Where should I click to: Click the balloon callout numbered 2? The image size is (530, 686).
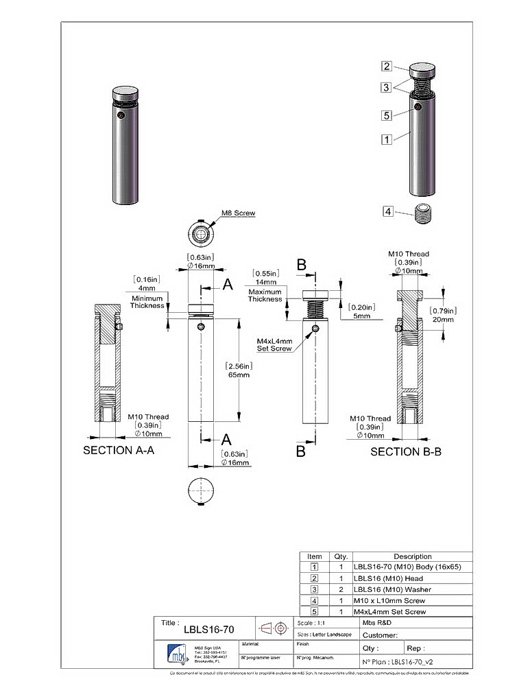(x=387, y=67)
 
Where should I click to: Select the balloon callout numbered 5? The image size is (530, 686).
(x=387, y=115)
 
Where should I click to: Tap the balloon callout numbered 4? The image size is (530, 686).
(x=388, y=212)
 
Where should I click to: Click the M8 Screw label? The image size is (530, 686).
(x=238, y=213)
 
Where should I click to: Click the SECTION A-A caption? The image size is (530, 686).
(x=117, y=451)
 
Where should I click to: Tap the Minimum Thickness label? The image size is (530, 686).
(x=148, y=302)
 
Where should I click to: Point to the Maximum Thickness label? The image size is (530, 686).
(x=265, y=296)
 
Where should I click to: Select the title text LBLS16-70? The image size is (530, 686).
(x=209, y=629)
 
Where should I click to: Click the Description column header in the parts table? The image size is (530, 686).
(x=412, y=556)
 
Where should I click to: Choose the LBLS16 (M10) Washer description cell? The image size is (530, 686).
(x=392, y=589)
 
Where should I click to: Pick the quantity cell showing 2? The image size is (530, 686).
(x=341, y=589)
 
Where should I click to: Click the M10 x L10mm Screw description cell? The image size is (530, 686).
(x=389, y=600)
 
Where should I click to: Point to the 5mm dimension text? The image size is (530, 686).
(x=361, y=317)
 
